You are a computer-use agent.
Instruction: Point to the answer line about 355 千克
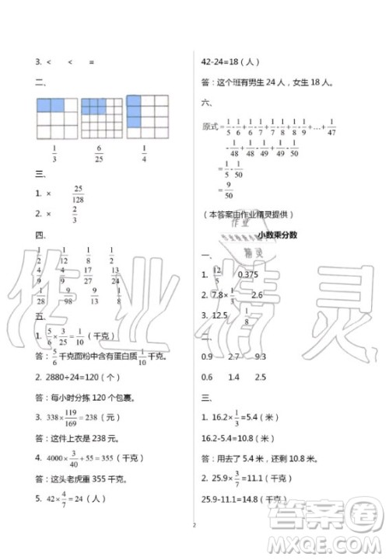[x=92, y=480]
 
